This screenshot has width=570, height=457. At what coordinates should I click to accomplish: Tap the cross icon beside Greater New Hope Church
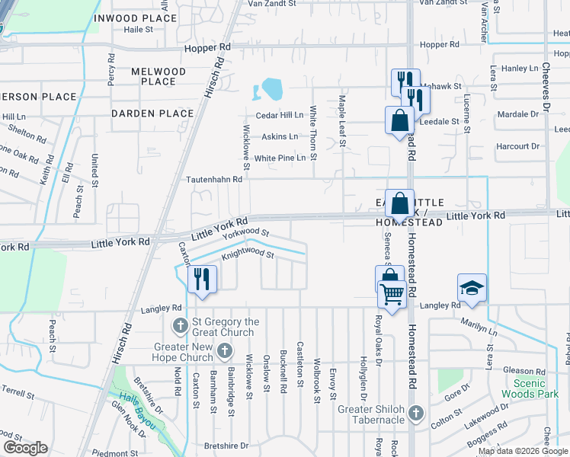pos(224,350)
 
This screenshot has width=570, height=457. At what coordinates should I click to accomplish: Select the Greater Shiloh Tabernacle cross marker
pos(415,414)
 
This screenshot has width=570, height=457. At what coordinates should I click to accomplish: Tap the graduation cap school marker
pos(472,288)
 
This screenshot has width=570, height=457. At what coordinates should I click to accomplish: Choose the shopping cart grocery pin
pos(392,293)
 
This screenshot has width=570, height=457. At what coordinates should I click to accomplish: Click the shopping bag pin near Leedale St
pos(399,120)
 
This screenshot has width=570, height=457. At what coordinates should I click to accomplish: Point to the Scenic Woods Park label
pos(525,388)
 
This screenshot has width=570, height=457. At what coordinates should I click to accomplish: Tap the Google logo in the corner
pos(25,448)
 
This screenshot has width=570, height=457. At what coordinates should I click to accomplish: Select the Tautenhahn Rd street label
pos(214,180)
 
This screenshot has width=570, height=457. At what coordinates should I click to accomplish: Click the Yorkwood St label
pos(245,233)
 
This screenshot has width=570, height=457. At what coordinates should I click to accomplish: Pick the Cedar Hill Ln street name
pos(279,115)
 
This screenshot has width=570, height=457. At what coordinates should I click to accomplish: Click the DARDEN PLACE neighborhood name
pos(152,113)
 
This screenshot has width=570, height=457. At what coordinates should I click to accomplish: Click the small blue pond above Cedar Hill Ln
pos(271,91)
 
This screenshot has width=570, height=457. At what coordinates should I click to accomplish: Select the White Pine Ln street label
pos(280,158)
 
